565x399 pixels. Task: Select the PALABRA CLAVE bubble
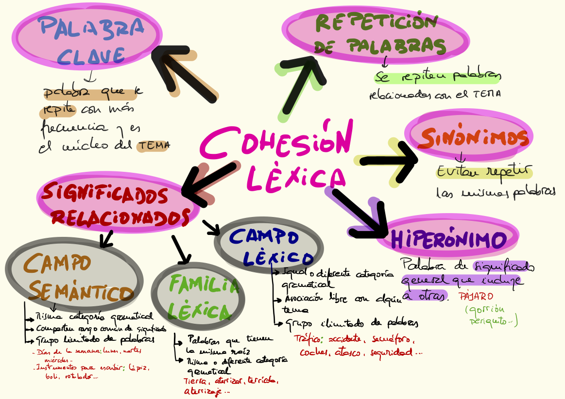tap(87, 39)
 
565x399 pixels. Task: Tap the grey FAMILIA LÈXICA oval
tap(198, 296)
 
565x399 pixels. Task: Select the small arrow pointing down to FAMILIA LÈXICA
tap(181, 250)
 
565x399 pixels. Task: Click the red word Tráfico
tap(308, 339)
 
